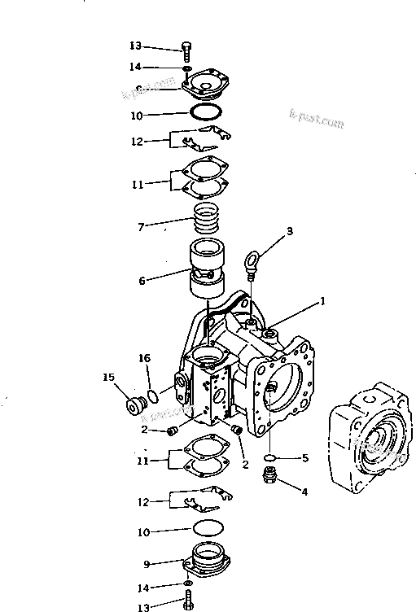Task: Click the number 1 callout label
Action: click(x=322, y=300)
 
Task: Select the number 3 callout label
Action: click(x=288, y=232)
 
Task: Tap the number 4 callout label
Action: click(x=305, y=491)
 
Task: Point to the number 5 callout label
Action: click(x=305, y=458)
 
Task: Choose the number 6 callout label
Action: click(x=142, y=281)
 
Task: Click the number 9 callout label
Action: click(x=147, y=562)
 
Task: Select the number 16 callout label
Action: click(x=143, y=357)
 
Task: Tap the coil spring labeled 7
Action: click(x=208, y=218)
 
